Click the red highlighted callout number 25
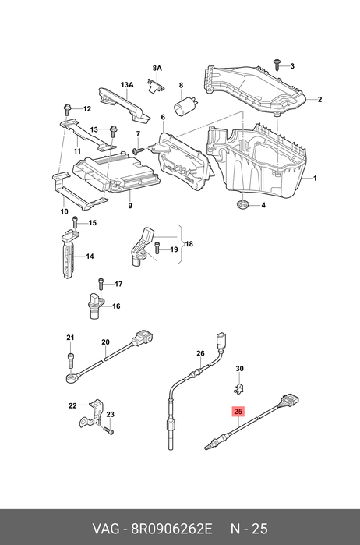point(238,412)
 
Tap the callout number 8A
point(157,68)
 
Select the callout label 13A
point(127,85)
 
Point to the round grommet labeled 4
point(242,205)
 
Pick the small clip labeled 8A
point(157,86)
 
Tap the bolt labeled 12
point(66,109)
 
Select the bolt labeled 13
point(112,132)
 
